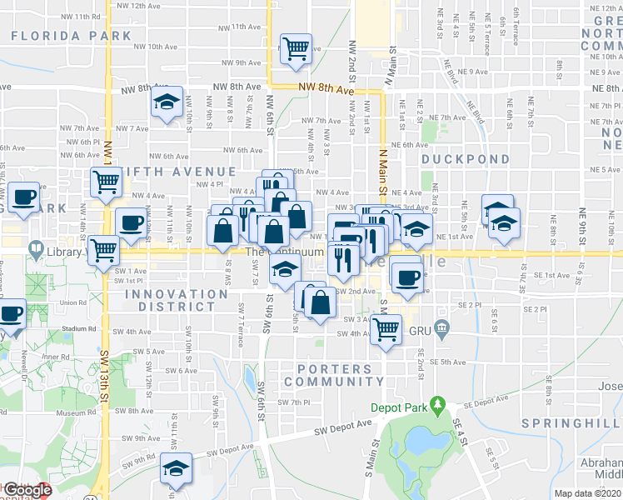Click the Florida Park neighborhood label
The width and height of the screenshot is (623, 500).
click(72, 36)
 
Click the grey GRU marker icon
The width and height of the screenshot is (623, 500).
click(442, 331)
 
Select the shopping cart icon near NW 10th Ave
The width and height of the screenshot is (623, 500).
click(296, 48)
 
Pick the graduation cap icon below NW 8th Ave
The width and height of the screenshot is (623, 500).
click(167, 103)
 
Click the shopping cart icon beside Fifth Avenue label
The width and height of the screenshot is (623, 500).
click(106, 181)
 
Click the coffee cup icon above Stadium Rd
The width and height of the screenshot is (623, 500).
click(11, 314)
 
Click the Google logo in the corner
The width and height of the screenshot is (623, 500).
click(27, 491)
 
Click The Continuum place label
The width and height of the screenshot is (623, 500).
click(283, 252)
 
